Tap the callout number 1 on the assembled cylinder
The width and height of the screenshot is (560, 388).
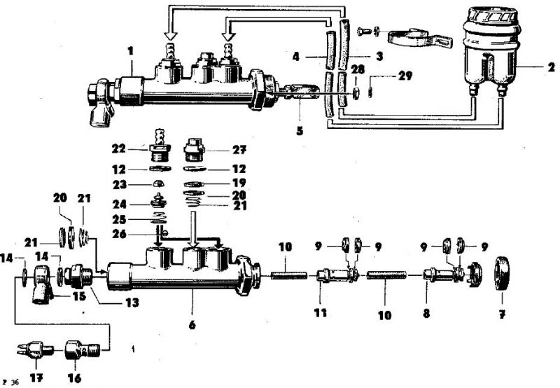pyautogui.click(x=129, y=50)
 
